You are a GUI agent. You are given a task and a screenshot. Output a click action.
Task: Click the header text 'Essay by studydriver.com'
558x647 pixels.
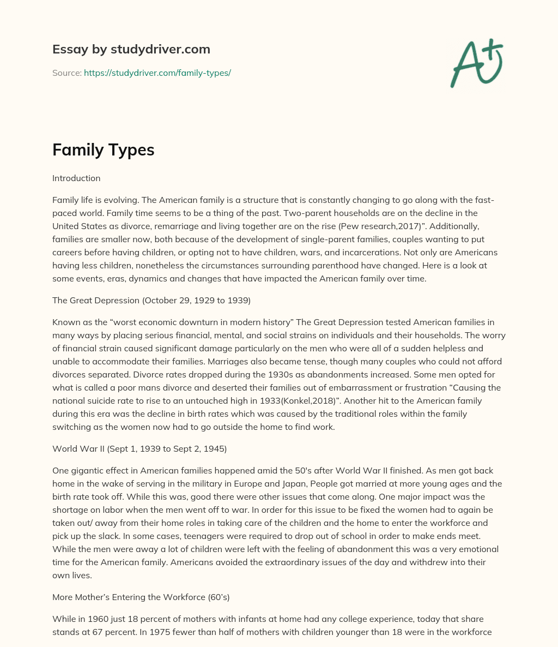click(x=131, y=49)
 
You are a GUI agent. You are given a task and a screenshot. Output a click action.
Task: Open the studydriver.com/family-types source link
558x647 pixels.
click(x=157, y=73)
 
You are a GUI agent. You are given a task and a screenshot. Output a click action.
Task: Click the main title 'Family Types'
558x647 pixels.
click(x=103, y=149)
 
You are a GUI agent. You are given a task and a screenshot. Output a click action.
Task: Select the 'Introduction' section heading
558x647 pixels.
click(x=76, y=178)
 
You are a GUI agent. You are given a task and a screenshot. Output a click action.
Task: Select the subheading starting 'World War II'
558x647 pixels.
click(x=139, y=448)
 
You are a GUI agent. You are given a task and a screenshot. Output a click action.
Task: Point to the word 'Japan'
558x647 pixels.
click(x=338, y=483)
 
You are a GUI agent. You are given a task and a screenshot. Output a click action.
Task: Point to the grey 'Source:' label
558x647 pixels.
click(x=66, y=73)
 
